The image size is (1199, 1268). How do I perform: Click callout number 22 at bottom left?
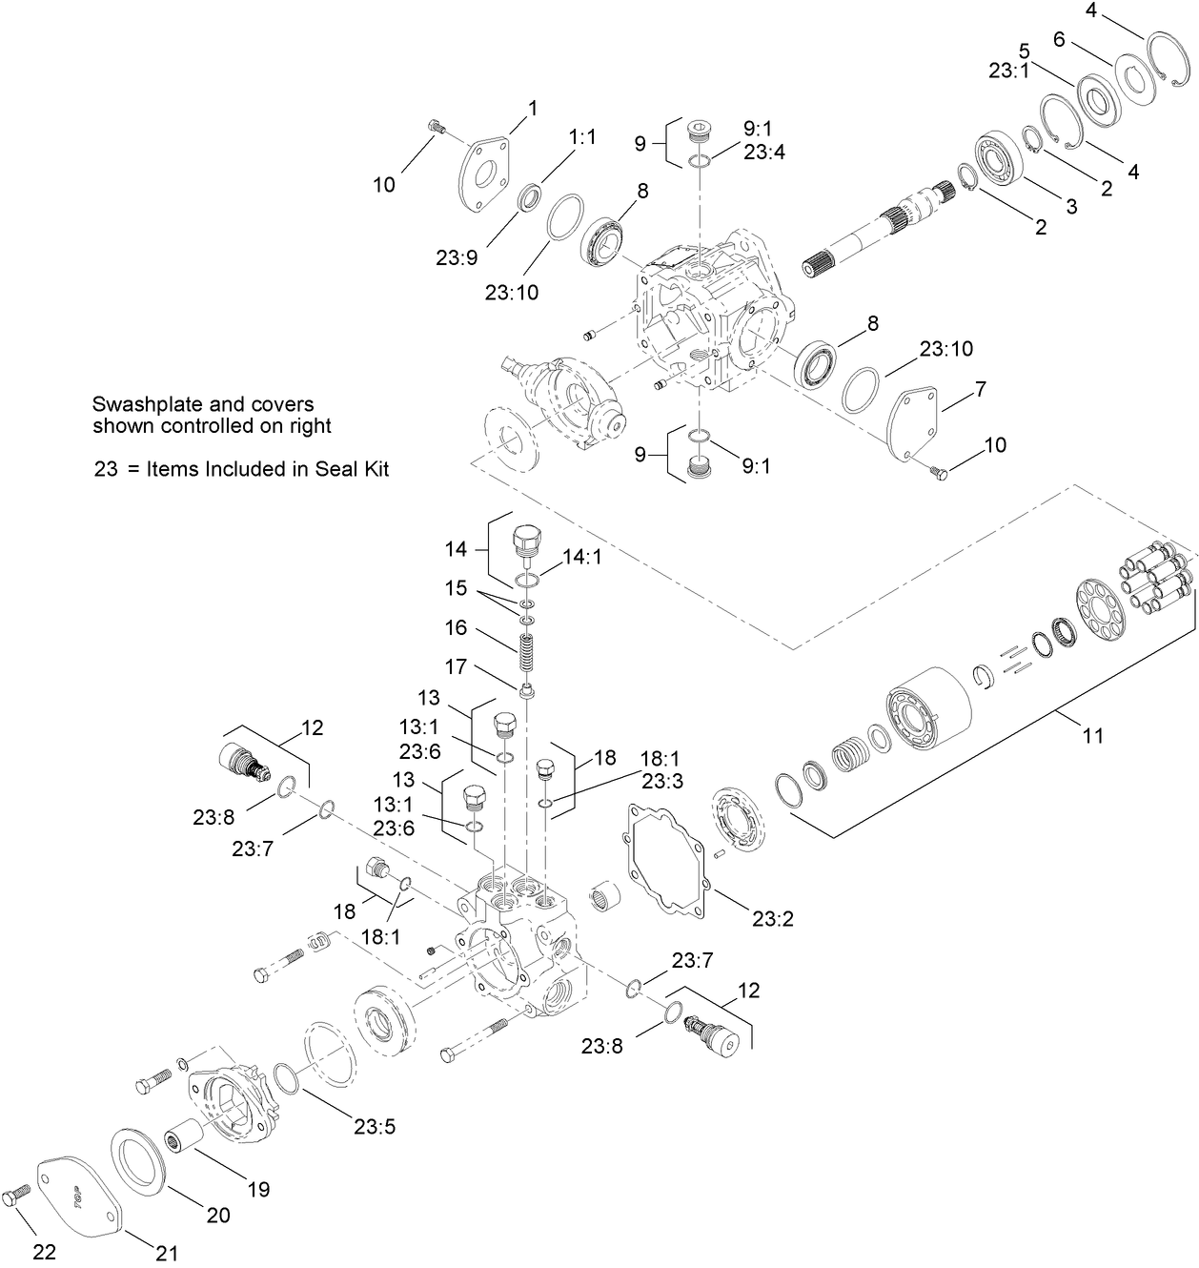point(44,1252)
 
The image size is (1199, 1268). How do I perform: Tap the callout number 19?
point(259,1189)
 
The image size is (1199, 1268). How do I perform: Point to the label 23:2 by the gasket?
point(772,919)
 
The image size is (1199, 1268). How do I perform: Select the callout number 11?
point(1093,735)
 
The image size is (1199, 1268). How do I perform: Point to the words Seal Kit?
point(354,469)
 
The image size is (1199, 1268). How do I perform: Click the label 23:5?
point(374,1126)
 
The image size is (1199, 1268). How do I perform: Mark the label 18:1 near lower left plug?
point(380,937)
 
